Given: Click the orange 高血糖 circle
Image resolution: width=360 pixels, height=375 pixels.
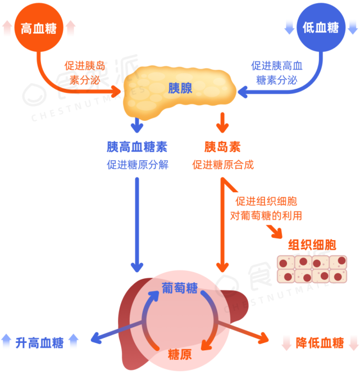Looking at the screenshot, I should tap(39, 28).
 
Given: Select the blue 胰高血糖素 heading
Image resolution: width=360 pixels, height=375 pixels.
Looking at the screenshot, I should tap(137, 147).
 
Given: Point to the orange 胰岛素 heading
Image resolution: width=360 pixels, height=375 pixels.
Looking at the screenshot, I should tap(222, 147).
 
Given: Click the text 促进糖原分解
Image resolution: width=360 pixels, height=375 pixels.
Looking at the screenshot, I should tap(137, 165).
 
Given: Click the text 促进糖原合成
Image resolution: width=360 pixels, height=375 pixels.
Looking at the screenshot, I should tap(222, 165).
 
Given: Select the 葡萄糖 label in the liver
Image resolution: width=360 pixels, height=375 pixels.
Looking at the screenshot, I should tap(180, 288).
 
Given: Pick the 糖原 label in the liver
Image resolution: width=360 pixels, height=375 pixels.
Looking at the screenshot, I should tap(180, 355).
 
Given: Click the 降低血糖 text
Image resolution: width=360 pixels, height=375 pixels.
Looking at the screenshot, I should tap(320, 342).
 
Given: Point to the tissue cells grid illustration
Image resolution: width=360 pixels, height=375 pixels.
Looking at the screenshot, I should tap(312, 269).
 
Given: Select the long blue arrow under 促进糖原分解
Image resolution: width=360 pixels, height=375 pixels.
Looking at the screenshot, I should tap(137, 225).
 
